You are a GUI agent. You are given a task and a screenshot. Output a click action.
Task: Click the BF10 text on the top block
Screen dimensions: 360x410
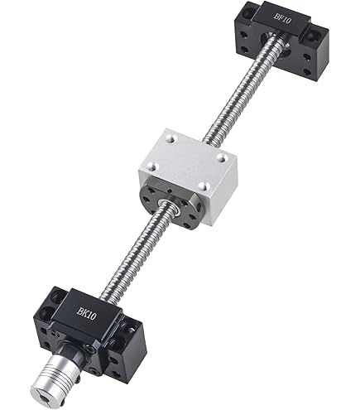point(282,18)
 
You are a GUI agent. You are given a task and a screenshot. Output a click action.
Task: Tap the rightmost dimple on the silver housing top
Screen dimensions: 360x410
point(221,157)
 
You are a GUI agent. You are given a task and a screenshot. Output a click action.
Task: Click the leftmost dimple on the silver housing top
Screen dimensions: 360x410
point(151,166)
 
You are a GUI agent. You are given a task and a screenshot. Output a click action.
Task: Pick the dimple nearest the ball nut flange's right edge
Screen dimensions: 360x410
point(203,186)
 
